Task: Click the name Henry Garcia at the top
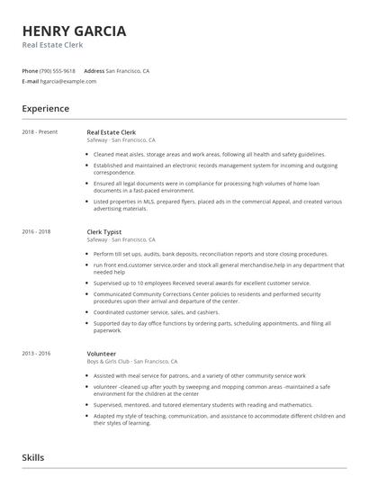click(74, 31)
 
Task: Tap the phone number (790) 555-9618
click(58, 70)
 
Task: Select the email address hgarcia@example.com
click(68, 80)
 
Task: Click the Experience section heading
click(45, 109)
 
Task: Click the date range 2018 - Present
click(40, 132)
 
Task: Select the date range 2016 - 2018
click(37, 231)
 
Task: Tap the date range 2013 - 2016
click(37, 329)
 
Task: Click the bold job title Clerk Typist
click(104, 231)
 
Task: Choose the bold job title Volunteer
click(103, 329)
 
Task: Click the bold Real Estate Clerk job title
click(112, 132)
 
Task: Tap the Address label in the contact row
click(94, 70)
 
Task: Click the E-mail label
click(31, 80)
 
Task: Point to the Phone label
click(30, 70)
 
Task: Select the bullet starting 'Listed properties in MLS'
click(207, 204)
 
